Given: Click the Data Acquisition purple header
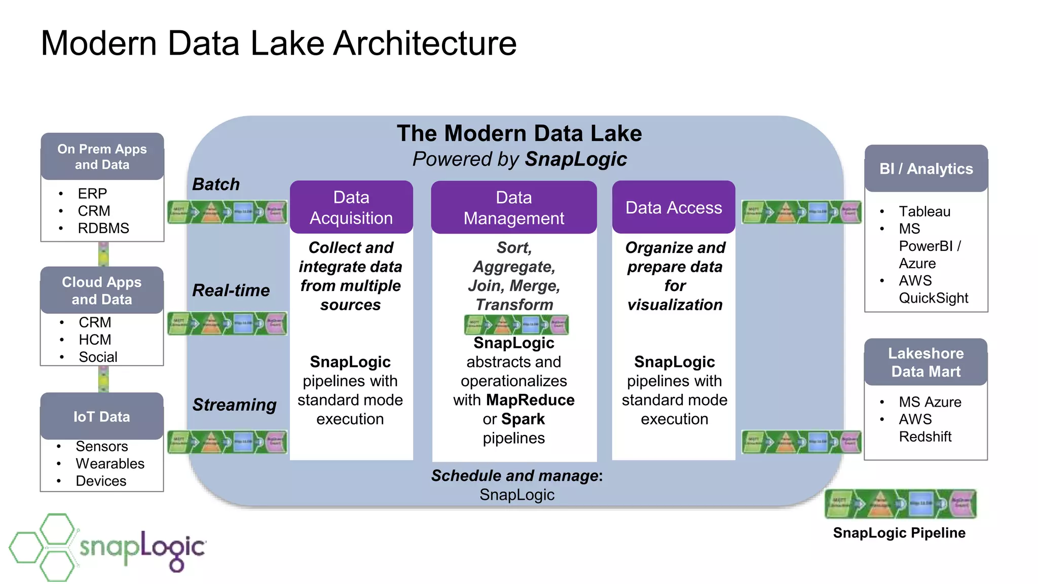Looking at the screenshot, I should pos(351,207).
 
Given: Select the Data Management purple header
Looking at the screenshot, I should pos(513,207).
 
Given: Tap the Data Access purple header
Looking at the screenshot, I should pos(674,207).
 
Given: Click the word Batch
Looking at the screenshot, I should pos(216,184).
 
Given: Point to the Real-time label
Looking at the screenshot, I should pos(231,290).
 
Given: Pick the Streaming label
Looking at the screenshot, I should pos(234,405).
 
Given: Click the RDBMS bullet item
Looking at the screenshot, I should pos(103,228).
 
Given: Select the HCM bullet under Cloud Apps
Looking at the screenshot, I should pos(95,340).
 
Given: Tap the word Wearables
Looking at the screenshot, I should pos(110,463).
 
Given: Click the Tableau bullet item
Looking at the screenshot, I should pos(924,211).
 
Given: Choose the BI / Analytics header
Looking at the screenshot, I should pos(926,169).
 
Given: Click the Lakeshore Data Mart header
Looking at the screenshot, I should pos(926,362).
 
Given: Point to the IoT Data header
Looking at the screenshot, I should pos(102,417).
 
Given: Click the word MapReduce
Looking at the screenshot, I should pos(530,400).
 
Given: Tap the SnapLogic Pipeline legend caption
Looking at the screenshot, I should pos(899,533).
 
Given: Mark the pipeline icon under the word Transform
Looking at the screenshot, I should pos(516,324).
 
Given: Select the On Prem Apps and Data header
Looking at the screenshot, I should pos(102,157).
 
